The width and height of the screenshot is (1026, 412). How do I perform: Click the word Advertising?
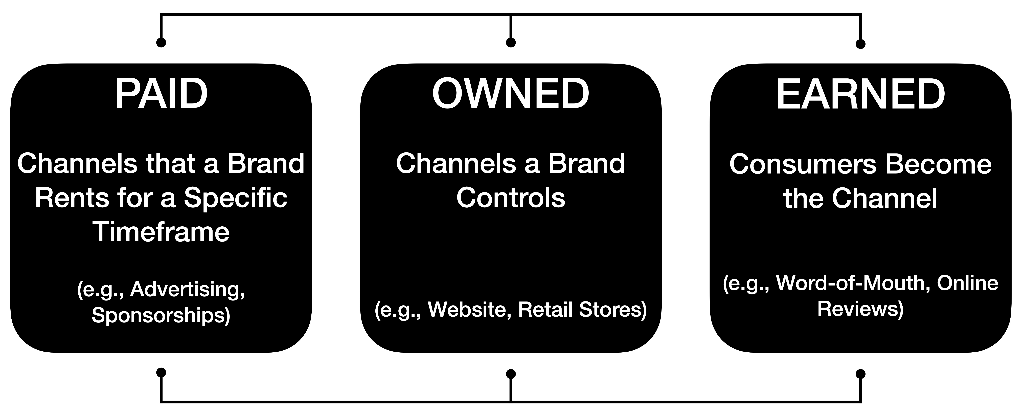[x=187, y=290]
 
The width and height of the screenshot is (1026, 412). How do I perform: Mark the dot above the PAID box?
[x=161, y=42]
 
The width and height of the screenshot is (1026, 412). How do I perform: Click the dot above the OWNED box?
[x=511, y=42]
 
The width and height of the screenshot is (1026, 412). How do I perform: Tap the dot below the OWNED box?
[x=511, y=374]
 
